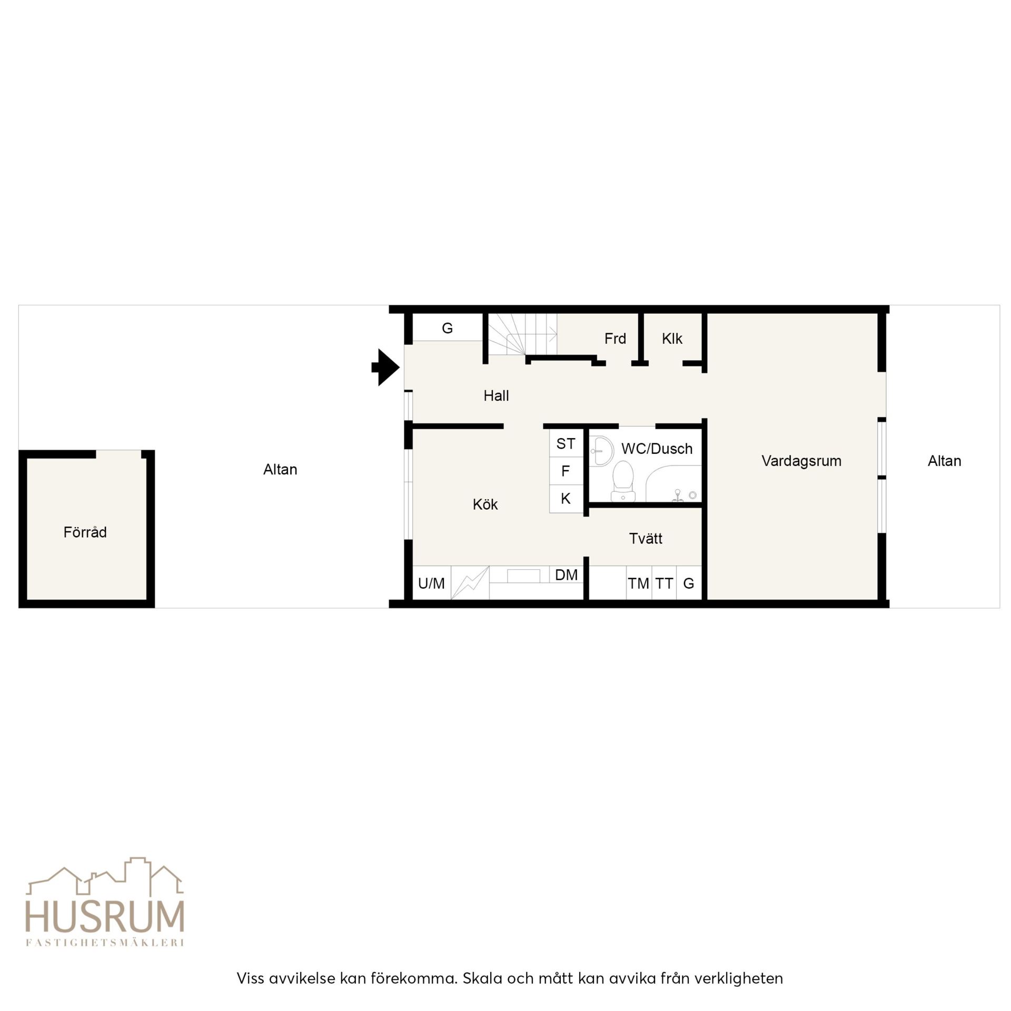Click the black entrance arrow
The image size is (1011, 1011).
(x=386, y=368)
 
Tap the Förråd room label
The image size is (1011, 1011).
(x=85, y=532)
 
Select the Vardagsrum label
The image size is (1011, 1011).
(x=801, y=461)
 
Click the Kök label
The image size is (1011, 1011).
(x=485, y=504)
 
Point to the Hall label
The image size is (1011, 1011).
(x=496, y=395)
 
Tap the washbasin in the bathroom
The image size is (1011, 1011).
(x=601, y=451)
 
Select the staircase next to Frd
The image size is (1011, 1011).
(x=522, y=335)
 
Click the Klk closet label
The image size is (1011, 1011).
(x=672, y=339)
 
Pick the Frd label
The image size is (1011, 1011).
(x=615, y=339)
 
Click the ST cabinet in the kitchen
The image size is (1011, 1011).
(x=566, y=443)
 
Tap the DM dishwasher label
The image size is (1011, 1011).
(x=566, y=574)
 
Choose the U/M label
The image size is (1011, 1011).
(x=431, y=583)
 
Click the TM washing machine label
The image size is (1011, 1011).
(x=638, y=583)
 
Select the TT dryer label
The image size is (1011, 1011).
(x=664, y=583)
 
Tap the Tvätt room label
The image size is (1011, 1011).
(x=646, y=538)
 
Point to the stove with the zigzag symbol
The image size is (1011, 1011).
(x=470, y=583)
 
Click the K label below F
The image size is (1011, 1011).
(x=566, y=498)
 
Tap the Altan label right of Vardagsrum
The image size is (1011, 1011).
(x=944, y=461)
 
